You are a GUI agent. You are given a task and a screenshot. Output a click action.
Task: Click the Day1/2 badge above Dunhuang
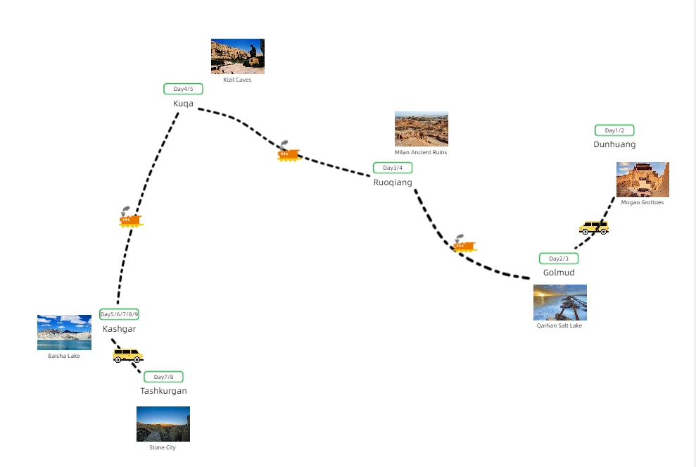(614, 130)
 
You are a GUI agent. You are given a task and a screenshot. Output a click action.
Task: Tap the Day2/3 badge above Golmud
(559, 259)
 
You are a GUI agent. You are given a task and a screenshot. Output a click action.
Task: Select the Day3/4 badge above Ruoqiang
(393, 168)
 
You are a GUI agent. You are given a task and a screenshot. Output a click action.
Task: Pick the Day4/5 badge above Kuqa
(183, 89)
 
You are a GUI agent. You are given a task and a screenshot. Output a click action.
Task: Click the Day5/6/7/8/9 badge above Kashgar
(119, 314)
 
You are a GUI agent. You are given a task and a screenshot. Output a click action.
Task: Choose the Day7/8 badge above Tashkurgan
(163, 377)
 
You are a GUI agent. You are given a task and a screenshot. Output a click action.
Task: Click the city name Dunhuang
(614, 144)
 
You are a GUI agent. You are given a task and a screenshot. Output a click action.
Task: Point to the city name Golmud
(559, 273)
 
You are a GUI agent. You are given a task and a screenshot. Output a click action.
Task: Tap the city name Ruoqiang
(393, 182)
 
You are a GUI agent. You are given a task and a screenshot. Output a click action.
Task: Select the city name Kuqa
(183, 104)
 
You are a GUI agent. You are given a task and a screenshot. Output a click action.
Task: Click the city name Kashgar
(119, 329)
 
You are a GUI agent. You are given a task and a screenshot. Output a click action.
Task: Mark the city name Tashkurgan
(163, 391)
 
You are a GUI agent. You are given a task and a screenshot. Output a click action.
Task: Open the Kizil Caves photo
(238, 56)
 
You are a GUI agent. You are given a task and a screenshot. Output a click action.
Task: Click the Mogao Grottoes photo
(643, 180)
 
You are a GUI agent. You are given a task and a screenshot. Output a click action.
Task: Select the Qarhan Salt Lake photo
(560, 302)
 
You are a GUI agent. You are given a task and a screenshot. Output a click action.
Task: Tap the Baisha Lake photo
(64, 332)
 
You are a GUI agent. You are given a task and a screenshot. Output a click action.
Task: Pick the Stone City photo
(163, 424)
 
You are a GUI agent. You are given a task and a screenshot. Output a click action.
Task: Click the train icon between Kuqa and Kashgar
(130, 219)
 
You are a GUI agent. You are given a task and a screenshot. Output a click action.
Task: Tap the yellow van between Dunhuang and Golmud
(593, 227)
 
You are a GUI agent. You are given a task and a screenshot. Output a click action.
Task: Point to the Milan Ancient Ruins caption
(421, 152)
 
